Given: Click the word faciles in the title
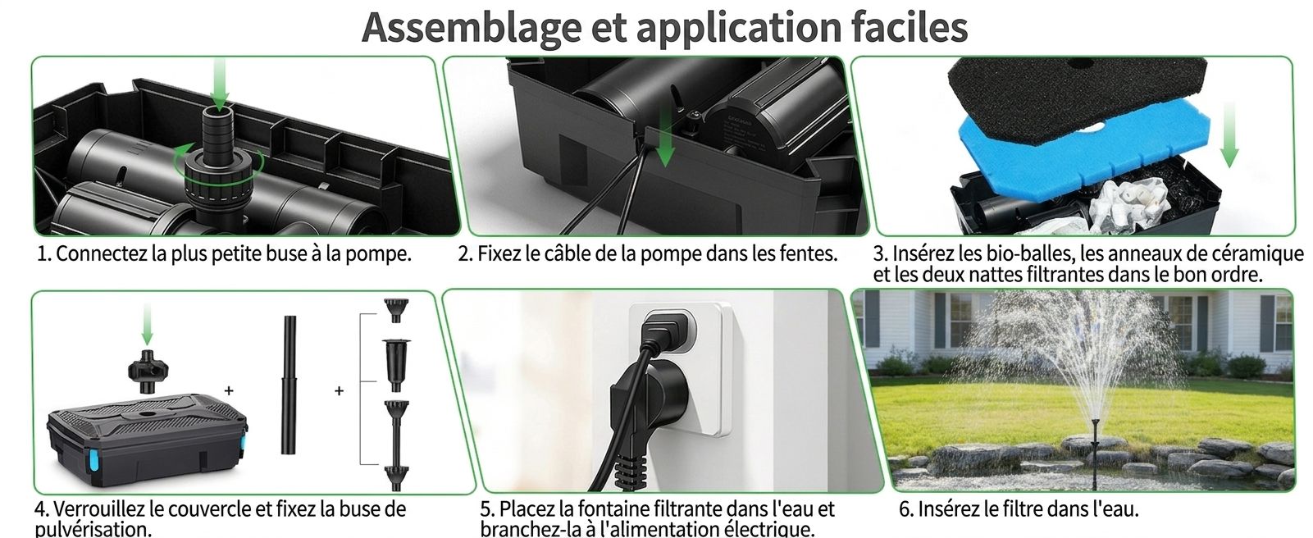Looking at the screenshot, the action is point(909,26).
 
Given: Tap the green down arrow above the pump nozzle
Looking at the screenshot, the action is point(220,83).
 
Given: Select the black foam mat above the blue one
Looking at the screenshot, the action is point(1076,89).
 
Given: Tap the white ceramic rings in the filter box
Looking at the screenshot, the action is point(1128,203).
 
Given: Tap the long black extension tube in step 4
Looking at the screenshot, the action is point(289,385).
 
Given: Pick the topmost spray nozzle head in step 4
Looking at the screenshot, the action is point(396,310).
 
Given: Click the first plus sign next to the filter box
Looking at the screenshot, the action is point(229,390).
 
